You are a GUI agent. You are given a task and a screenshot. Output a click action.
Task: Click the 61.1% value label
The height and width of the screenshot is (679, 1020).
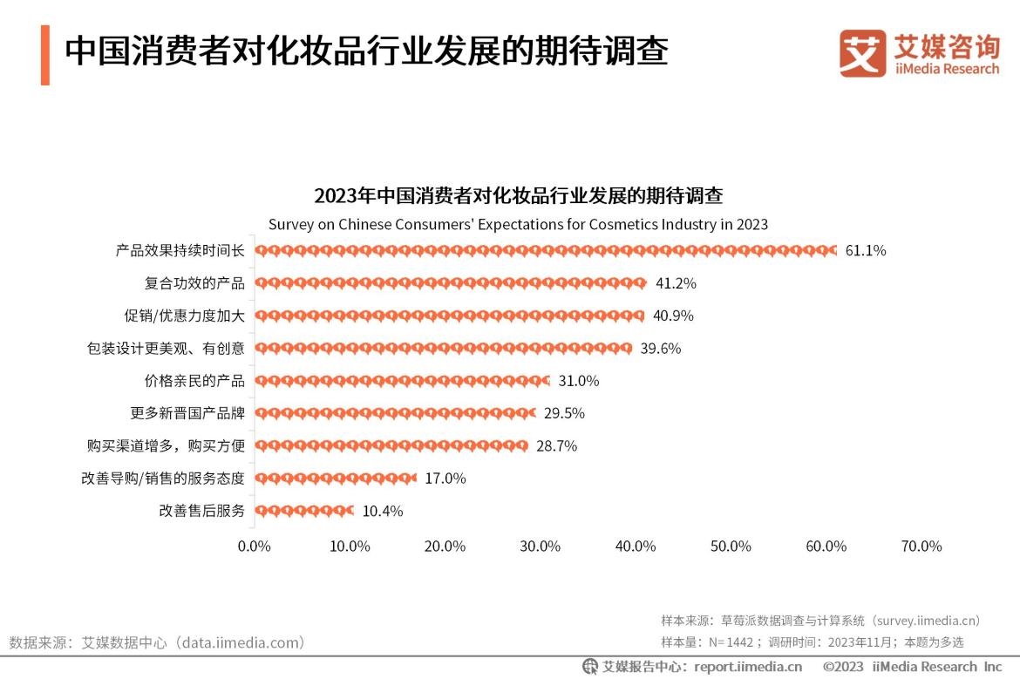865,251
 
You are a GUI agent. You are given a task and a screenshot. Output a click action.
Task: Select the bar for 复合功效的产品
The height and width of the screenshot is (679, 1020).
450,283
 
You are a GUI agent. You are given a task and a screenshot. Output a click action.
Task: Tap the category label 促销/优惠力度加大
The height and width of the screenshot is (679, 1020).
184,316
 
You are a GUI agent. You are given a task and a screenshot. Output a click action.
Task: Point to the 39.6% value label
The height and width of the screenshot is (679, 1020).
660,349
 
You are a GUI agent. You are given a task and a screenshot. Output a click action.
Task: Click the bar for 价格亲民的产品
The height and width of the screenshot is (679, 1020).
402,381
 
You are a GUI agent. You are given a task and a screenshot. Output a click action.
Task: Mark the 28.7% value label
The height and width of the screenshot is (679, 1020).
556,446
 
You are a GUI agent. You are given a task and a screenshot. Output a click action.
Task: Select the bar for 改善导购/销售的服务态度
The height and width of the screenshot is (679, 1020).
336,479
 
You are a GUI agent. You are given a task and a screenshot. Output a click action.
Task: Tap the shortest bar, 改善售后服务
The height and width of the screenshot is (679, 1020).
304,511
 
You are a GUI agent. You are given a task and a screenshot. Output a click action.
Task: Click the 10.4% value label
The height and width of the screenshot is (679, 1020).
382,512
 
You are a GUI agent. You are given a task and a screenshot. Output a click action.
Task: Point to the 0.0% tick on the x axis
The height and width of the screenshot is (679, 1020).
255,547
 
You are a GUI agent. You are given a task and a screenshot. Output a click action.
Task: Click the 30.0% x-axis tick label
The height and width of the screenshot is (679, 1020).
540,547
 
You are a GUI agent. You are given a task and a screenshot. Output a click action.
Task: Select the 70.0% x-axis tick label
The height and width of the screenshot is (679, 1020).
921,547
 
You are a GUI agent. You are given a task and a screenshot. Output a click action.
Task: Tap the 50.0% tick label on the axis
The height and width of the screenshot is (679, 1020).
731,547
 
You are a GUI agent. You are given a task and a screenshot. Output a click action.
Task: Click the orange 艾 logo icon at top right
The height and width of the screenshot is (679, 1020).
862,54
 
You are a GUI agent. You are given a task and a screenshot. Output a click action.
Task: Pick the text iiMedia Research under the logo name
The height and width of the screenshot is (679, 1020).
947,69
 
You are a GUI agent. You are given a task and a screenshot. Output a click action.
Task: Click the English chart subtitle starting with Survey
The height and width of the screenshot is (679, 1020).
518,224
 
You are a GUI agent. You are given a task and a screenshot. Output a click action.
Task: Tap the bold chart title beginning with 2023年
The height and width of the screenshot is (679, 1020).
518,194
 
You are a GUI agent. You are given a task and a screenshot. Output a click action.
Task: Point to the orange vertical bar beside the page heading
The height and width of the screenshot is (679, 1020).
44,55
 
